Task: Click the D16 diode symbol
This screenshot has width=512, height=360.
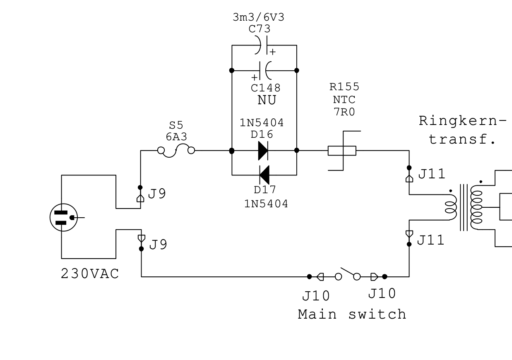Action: tap(263, 150)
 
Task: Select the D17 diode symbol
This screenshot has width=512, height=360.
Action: tap(264, 175)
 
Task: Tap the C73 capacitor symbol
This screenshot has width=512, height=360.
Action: tap(263, 45)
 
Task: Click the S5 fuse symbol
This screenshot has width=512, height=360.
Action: tap(176, 150)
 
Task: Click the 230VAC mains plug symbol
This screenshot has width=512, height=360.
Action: tap(64, 217)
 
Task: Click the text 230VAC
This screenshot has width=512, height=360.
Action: tap(90, 274)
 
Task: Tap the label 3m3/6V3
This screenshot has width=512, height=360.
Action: tap(259, 17)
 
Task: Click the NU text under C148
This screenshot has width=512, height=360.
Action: tap(267, 100)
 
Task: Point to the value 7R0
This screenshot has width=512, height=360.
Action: tap(344, 112)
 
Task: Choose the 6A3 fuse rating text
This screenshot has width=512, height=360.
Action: tap(176, 137)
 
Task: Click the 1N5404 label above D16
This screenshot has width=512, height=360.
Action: tap(262, 123)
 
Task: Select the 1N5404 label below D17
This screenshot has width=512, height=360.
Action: tap(266, 204)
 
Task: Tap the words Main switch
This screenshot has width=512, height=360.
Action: tap(352, 314)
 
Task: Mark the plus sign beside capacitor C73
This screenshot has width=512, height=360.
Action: tap(272, 52)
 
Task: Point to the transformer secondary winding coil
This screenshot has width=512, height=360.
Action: tap(476, 207)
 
